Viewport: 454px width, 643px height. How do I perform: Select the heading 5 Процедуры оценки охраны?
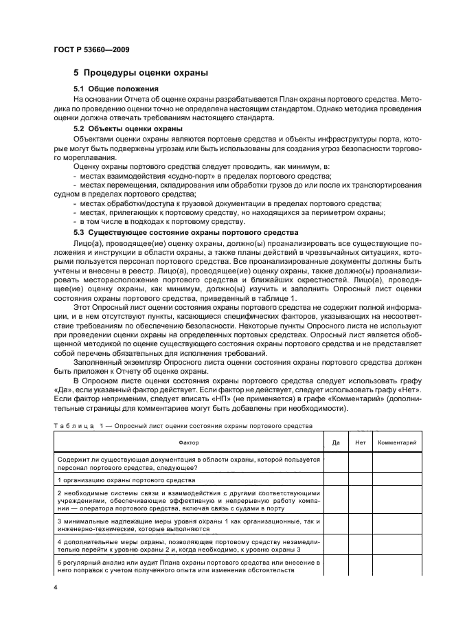tap(141, 73)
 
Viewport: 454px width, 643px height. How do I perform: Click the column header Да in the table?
tap(335, 443)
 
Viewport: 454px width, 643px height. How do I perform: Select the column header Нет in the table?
tap(359, 443)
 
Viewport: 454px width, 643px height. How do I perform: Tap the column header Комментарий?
tap(398, 443)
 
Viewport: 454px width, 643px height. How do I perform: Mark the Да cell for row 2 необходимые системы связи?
tap(335, 501)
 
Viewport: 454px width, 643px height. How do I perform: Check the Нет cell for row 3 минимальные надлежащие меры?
tap(359, 526)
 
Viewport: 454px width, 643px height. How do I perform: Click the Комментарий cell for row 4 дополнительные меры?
tap(398, 548)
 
